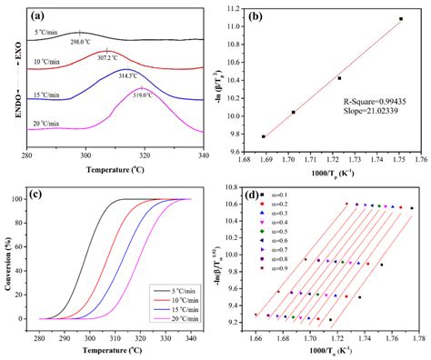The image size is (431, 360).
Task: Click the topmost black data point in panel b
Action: click(400, 19)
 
